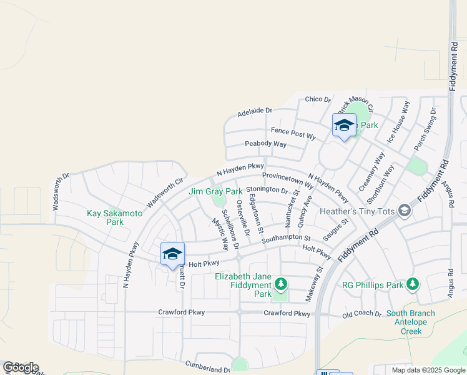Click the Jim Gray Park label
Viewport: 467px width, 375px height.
(x=215, y=191)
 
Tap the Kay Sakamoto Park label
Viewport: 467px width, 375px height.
(x=115, y=217)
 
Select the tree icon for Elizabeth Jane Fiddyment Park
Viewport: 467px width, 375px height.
(x=281, y=285)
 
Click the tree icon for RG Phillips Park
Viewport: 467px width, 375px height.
(x=412, y=285)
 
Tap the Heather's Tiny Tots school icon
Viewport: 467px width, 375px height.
(x=405, y=211)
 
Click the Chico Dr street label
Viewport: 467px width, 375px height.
(x=318, y=99)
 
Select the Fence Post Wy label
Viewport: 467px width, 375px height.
(x=293, y=132)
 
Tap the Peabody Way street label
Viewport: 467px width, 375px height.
(x=265, y=144)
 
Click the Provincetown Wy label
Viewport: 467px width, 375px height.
(x=288, y=179)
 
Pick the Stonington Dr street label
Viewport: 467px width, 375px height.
(x=267, y=190)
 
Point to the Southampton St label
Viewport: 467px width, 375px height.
(x=286, y=239)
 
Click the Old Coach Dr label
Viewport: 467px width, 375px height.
(x=362, y=314)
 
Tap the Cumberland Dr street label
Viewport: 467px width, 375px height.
(x=208, y=367)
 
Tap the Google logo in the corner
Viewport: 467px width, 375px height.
(x=21, y=367)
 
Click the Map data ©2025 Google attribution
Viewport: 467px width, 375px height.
(x=428, y=370)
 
